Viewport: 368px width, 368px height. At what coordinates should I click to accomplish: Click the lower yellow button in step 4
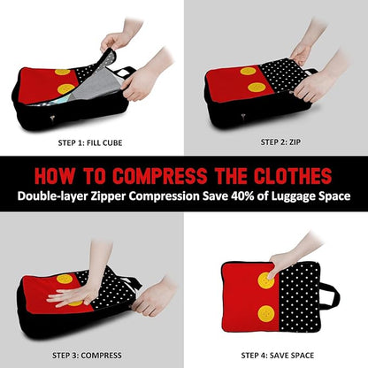[266, 313]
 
